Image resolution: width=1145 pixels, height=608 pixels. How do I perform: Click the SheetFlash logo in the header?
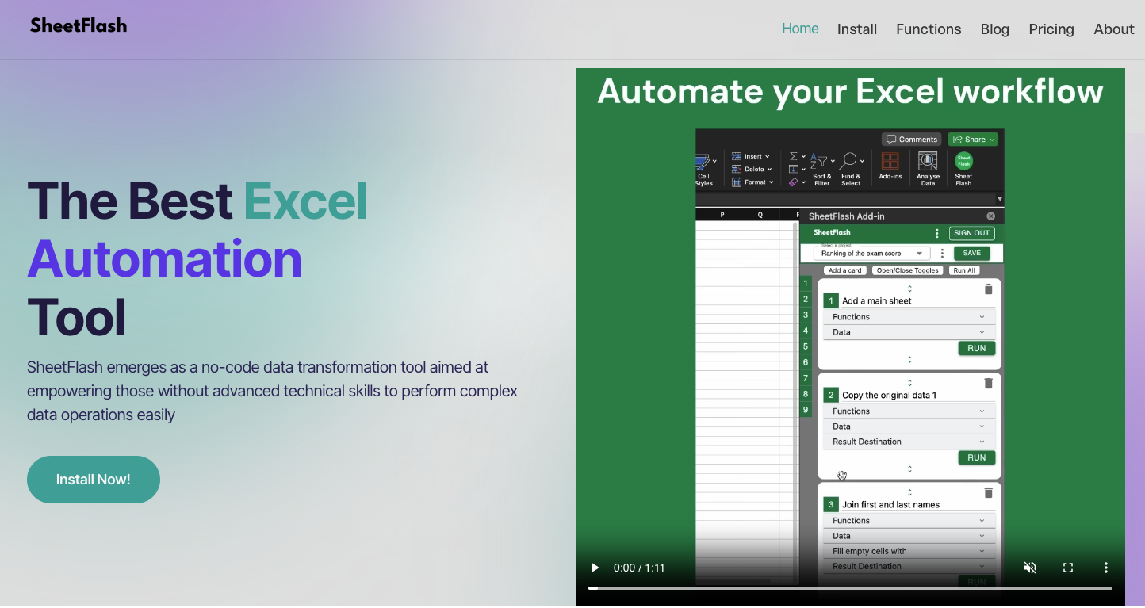tap(79, 25)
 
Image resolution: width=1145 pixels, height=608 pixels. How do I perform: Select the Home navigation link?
tap(800, 29)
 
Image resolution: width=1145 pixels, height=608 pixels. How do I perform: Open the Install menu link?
tap(856, 29)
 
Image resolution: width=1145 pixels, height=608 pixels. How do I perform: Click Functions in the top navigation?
tap(929, 29)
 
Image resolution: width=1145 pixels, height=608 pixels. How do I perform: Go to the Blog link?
tap(994, 29)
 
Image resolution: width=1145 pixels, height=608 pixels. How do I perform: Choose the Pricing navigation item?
tap(1051, 29)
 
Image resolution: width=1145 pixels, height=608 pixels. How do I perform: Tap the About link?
tap(1113, 29)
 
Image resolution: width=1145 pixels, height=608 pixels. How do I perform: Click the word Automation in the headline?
tap(165, 259)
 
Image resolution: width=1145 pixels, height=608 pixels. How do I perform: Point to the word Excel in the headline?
tap(305, 201)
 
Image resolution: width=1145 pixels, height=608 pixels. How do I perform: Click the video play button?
tap(595, 568)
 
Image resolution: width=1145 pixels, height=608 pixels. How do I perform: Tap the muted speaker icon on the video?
tap(1030, 568)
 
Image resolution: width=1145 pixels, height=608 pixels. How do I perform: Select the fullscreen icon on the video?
tap(1068, 568)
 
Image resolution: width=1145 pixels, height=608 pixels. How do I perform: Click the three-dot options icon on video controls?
tap(1106, 568)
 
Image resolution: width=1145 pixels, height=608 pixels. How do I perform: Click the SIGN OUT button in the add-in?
tap(971, 233)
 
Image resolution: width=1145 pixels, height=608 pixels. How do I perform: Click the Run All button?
tap(964, 270)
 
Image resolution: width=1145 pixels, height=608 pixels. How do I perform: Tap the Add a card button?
tap(844, 270)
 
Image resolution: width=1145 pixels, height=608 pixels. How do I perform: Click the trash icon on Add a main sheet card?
tap(988, 289)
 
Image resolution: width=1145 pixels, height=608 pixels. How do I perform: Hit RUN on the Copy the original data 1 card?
tap(976, 457)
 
